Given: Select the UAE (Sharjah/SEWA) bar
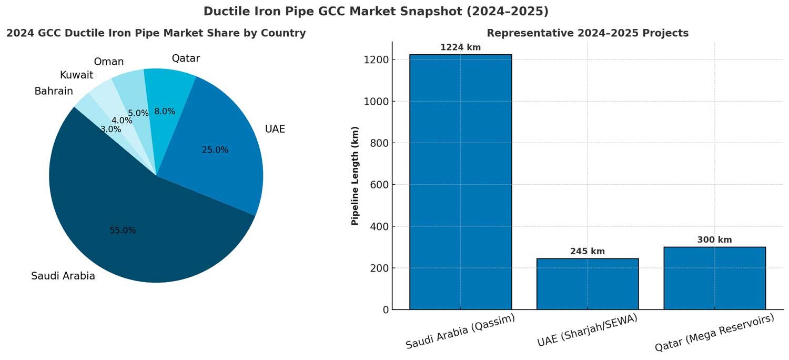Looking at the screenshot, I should click(x=587, y=284).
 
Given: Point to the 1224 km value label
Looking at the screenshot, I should click(x=460, y=48).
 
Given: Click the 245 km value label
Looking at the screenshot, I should click(x=587, y=252).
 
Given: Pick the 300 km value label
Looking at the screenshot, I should click(x=714, y=240).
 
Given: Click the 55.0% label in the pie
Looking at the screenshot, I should click(x=123, y=231).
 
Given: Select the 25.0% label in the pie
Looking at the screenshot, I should click(x=215, y=150).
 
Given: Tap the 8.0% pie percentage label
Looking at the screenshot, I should click(x=165, y=112).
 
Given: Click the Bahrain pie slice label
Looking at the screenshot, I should click(x=54, y=92).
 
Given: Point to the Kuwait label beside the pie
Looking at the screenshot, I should click(x=76, y=75).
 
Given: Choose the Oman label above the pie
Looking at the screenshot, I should click(x=109, y=62).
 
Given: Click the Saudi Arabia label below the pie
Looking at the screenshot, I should click(x=63, y=276).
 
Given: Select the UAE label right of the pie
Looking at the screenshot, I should click(x=275, y=129).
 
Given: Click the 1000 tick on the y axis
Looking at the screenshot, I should click(x=376, y=102).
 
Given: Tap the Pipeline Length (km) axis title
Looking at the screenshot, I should click(x=355, y=176).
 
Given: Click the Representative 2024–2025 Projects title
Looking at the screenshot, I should click(x=587, y=33).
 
